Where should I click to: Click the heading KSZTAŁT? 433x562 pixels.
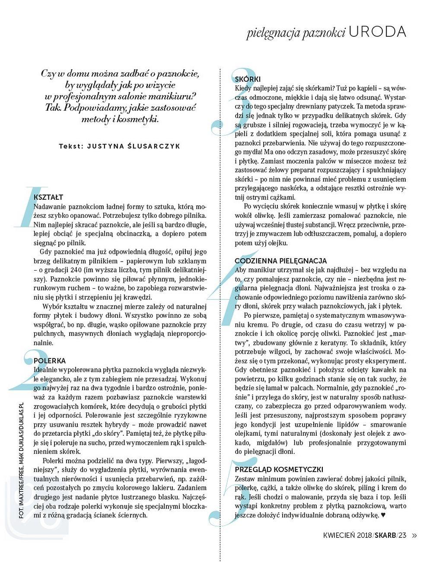pos(48,197)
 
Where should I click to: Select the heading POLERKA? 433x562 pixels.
pos(50,361)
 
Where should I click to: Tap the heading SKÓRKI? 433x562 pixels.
pos(248,79)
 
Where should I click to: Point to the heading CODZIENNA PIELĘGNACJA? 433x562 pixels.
pos(281,261)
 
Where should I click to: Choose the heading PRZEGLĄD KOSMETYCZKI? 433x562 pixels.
pos(279,469)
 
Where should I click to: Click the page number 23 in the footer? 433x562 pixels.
pos(403,536)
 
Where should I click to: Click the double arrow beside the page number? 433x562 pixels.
pos(415,536)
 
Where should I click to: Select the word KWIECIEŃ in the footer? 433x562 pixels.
pos(339,536)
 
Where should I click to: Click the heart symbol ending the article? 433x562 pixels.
pos(383,515)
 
